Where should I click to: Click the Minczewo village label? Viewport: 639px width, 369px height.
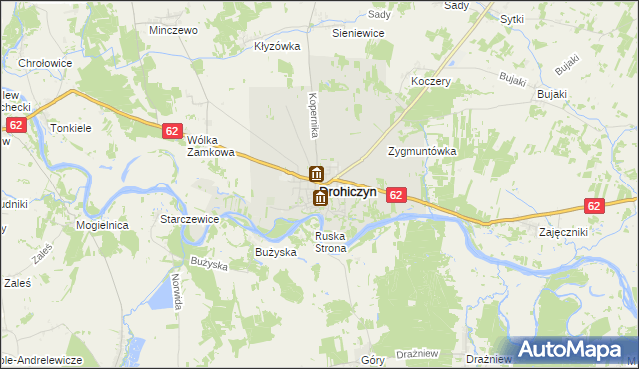pyautogui.click(x=173, y=30)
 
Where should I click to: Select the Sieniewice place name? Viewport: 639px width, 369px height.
pyautogui.click(x=358, y=33)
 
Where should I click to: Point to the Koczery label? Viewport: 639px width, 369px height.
pyautogui.click(x=431, y=82)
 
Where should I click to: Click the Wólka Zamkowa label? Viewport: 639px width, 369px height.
pyautogui.click(x=211, y=146)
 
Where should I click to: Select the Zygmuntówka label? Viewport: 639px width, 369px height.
pyautogui.click(x=422, y=151)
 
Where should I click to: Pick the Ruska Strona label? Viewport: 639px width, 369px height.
pyautogui.click(x=330, y=242)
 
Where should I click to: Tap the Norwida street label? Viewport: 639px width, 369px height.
pyautogui.click(x=177, y=289)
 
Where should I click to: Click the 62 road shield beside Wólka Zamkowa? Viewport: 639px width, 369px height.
pyautogui.click(x=172, y=131)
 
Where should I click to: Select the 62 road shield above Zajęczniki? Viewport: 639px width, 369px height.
pyautogui.click(x=595, y=206)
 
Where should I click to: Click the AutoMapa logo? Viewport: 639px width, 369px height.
pyautogui.click(x=575, y=349)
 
